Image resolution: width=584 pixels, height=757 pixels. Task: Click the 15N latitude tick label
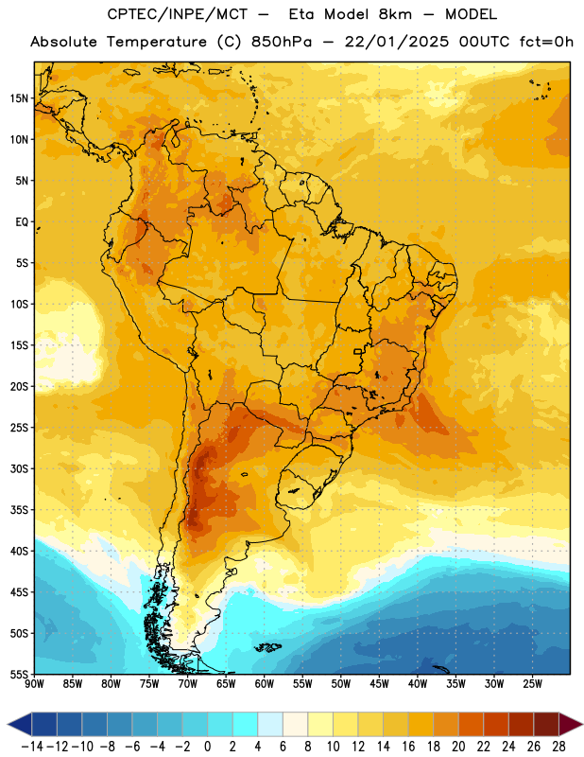(19, 98)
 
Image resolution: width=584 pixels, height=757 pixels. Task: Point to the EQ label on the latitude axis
(22, 222)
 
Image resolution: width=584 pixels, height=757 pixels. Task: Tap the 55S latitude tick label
(19, 674)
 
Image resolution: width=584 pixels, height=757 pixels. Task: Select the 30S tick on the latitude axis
(19, 468)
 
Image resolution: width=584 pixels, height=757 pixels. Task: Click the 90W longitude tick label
(35, 683)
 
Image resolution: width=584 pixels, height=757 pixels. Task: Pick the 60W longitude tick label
(265, 683)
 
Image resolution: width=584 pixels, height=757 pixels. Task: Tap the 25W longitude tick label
(532, 683)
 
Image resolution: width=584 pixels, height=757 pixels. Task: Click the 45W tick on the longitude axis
(379, 683)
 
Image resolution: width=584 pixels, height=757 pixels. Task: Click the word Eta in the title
(301, 14)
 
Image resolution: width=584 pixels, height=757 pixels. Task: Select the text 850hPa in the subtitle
(282, 42)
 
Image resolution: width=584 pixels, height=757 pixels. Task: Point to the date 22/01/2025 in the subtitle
(396, 42)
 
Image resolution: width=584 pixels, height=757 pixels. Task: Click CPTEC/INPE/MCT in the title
(178, 14)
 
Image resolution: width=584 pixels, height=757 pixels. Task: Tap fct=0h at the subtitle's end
(546, 42)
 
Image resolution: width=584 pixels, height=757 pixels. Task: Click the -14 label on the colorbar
(32, 747)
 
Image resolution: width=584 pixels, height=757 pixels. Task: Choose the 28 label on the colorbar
(558, 747)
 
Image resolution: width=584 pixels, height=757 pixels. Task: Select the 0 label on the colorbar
(207, 747)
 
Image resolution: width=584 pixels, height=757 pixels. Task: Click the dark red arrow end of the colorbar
(571, 725)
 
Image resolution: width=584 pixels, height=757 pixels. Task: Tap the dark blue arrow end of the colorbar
(20, 725)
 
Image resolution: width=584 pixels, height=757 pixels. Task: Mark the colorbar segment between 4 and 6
(270, 725)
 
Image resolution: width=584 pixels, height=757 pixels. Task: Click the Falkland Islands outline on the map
(267, 647)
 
